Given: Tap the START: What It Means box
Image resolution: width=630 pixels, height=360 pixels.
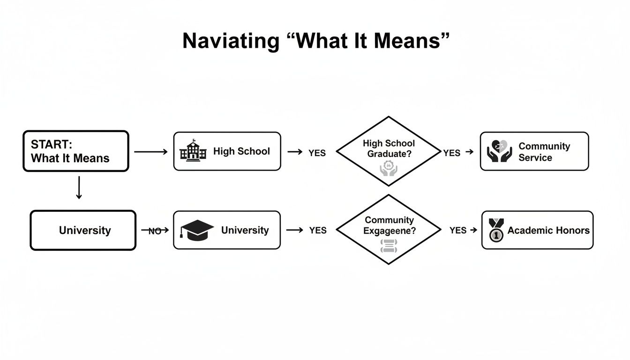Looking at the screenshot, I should [75, 151].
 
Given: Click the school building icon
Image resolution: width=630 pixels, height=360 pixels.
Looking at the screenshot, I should [193, 151].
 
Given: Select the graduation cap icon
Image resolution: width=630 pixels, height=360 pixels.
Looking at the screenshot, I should [197, 230].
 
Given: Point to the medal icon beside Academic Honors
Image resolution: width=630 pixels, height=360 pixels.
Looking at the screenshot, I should [495, 230].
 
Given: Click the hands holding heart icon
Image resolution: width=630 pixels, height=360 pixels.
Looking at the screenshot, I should [499, 151].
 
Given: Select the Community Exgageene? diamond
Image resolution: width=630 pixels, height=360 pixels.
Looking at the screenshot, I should [389, 230].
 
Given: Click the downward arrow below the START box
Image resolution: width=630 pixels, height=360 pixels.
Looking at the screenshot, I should [79, 187].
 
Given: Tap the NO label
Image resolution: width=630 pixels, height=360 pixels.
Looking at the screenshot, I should [155, 231].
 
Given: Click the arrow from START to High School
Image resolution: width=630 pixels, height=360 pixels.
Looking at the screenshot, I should [150, 151].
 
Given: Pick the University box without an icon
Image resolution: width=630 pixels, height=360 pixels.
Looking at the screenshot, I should [83, 230].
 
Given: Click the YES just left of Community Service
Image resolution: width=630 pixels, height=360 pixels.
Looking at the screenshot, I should [451, 153].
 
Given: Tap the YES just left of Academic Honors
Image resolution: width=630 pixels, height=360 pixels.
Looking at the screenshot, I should [458, 230].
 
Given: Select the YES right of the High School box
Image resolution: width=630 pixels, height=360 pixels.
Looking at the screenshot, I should [317, 153].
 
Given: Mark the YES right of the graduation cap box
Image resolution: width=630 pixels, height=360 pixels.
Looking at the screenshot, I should [317, 230].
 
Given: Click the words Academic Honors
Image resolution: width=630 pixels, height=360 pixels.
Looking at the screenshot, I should [548, 230].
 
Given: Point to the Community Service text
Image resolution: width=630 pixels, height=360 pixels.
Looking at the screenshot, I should [544, 152].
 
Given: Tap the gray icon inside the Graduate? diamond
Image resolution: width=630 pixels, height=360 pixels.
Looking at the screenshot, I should [388, 168].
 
